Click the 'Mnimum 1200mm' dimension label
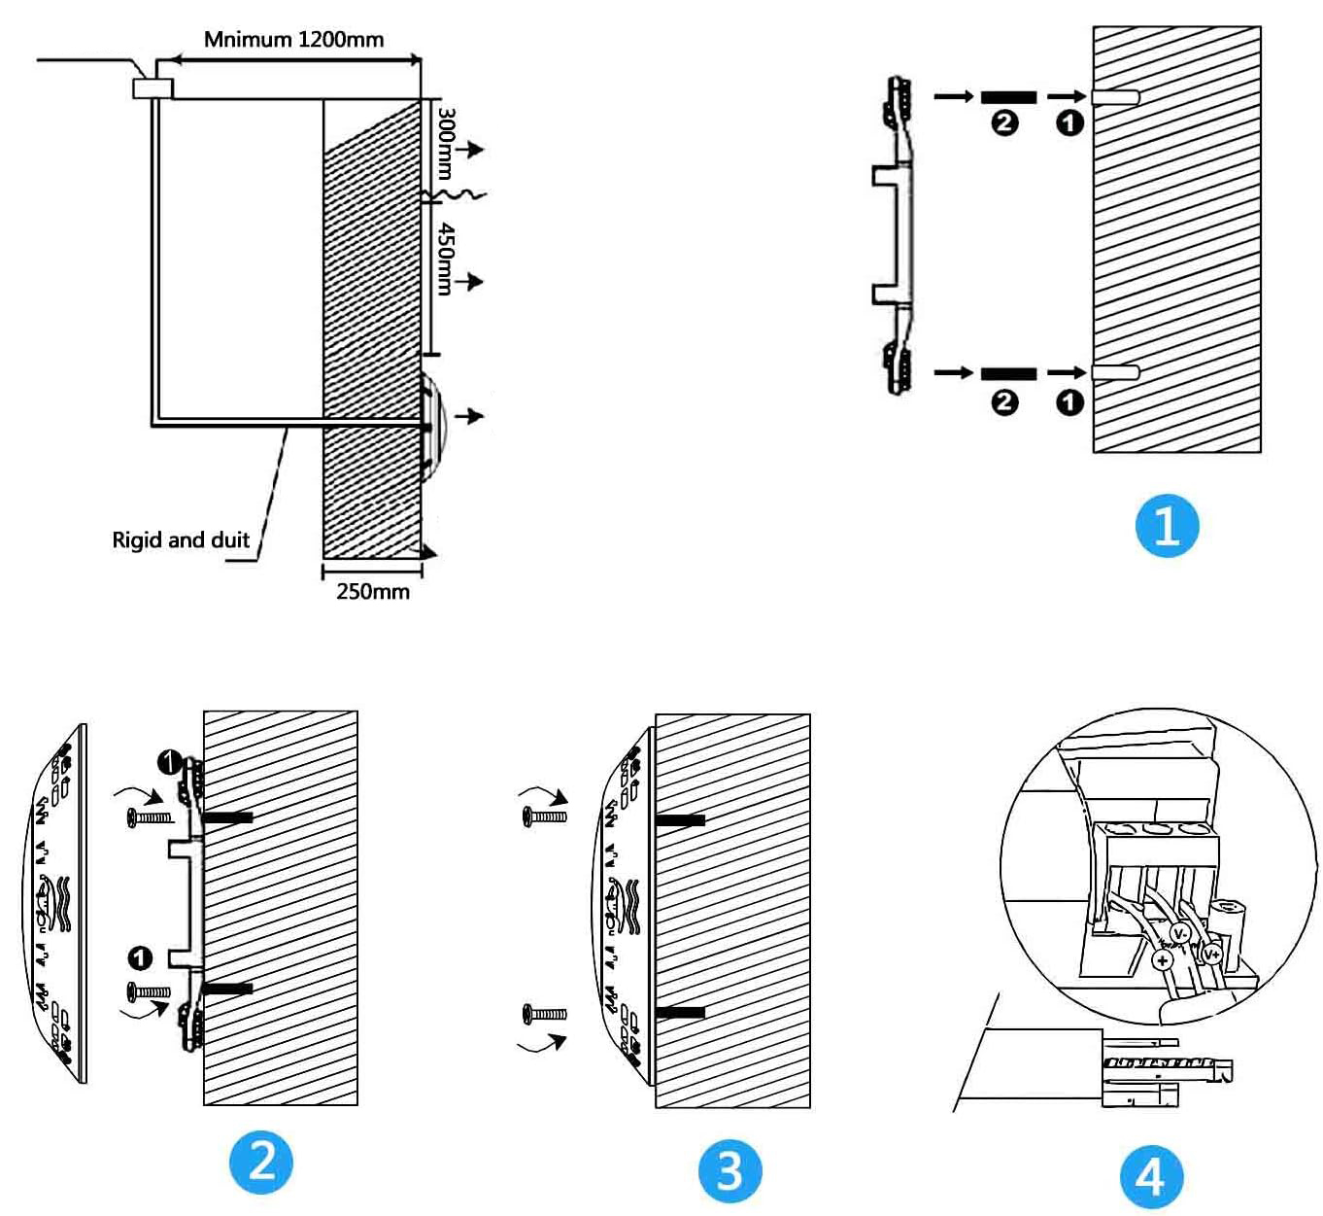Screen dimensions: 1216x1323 [x=293, y=40]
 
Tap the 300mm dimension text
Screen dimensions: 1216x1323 [x=446, y=143]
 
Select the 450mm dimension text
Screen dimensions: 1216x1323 [x=446, y=258]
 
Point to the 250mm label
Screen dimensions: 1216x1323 [x=373, y=591]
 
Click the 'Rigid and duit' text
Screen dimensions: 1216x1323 [x=181, y=540]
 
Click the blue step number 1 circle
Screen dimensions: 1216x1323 [x=1167, y=526]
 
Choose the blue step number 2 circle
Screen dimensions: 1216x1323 [x=261, y=1162]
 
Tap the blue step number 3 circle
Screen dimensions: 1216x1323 [x=729, y=1170]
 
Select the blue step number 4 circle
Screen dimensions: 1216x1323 [x=1151, y=1176]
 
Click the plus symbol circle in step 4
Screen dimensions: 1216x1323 [x=1163, y=960]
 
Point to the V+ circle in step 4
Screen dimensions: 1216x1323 [x=1212, y=954]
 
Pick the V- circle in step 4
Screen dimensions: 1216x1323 [x=1180, y=934]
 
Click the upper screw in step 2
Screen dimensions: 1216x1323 [x=150, y=817]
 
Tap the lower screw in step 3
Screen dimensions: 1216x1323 [x=544, y=1014]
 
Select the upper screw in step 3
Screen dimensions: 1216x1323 [x=544, y=816]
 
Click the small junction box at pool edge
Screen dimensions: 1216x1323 [x=153, y=87]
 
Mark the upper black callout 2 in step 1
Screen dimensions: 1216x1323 [x=1004, y=122]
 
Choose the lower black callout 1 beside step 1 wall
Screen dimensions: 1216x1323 [x=1069, y=401]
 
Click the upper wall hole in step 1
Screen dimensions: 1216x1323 [x=1115, y=97]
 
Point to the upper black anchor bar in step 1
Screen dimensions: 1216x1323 [x=1008, y=97]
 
